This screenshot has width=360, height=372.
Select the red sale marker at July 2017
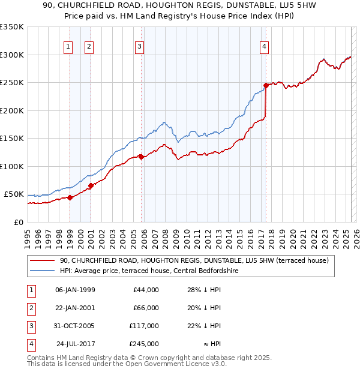(x=266, y=85)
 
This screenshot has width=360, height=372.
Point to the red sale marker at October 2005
(x=141, y=157)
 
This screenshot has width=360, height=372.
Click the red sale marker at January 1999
(x=70, y=197)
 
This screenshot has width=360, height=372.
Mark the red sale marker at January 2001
(x=91, y=185)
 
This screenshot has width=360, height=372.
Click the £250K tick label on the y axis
(x=12, y=83)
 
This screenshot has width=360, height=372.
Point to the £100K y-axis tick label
(x=12, y=167)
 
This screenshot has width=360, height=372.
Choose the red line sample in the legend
(x=42, y=261)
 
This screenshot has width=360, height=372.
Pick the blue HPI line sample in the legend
(x=42, y=271)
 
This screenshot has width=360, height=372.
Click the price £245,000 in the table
(x=143, y=344)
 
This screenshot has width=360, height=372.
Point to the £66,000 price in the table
(x=146, y=308)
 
